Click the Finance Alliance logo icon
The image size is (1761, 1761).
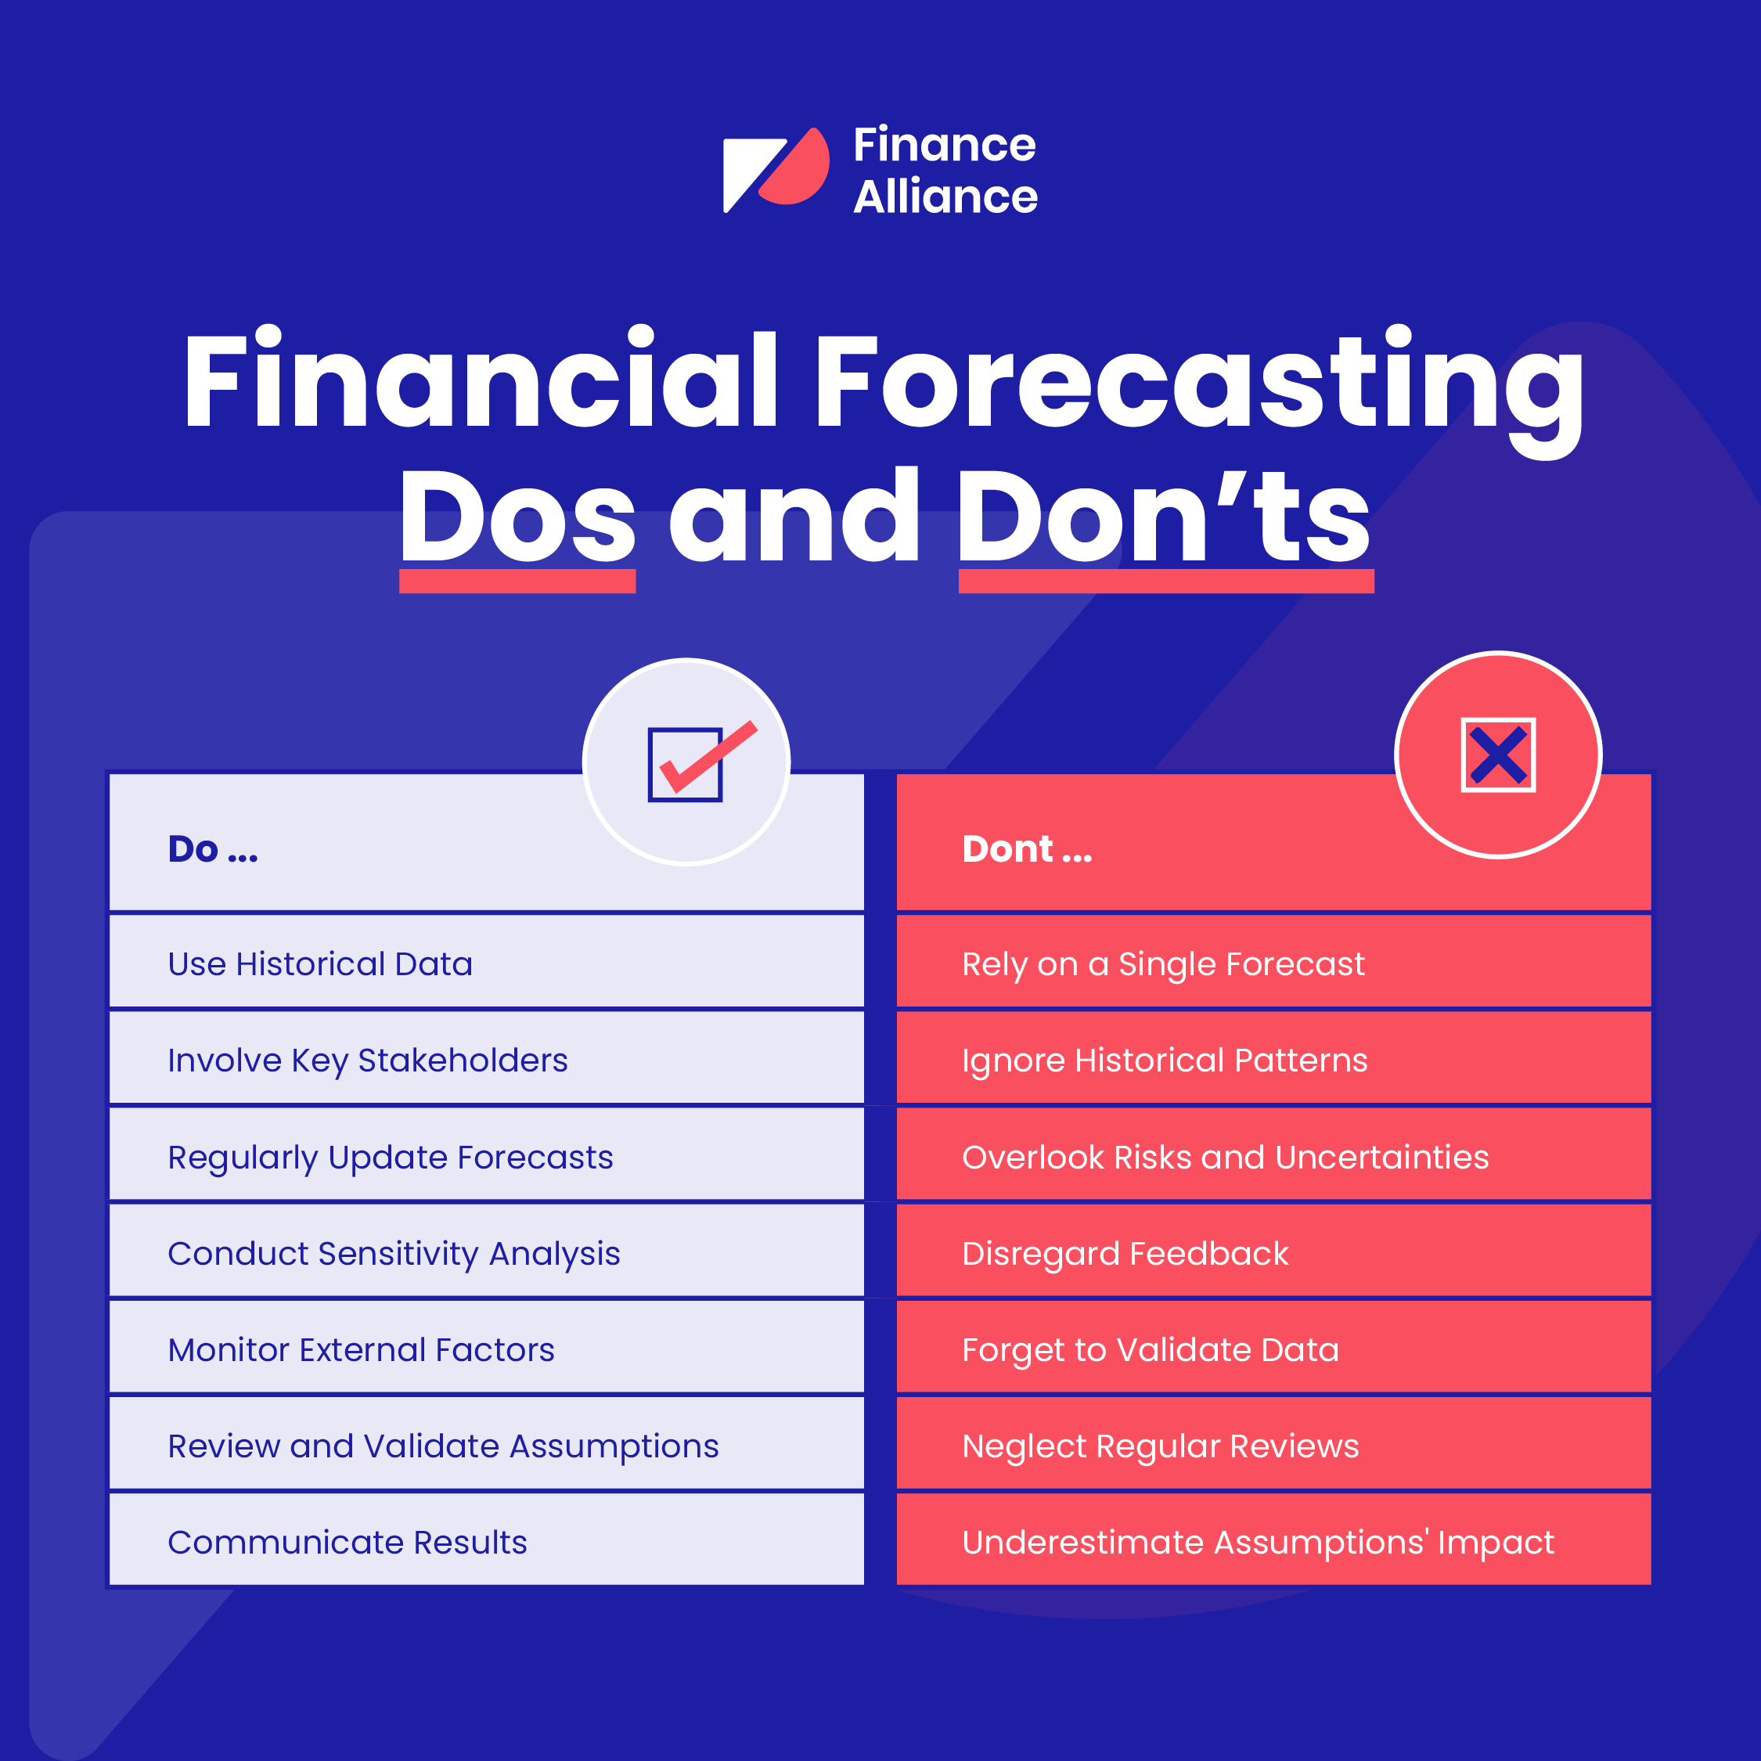click(x=776, y=170)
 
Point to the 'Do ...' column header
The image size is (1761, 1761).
click(x=212, y=849)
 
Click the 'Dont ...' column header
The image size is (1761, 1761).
click(x=1026, y=849)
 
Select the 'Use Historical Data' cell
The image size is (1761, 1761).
click(x=320, y=964)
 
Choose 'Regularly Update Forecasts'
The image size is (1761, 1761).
click(x=390, y=1158)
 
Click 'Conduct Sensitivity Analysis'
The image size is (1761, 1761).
click(x=394, y=1254)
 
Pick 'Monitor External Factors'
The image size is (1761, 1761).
click(x=361, y=1350)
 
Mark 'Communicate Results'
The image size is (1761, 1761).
click(x=348, y=1542)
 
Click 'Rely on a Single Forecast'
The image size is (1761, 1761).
click(x=1163, y=964)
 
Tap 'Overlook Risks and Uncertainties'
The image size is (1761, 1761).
click(x=1225, y=1158)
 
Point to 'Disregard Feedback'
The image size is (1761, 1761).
click(x=1125, y=1254)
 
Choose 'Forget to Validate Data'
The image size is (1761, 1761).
click(x=1151, y=1350)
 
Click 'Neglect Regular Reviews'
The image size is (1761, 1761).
click(x=1161, y=1446)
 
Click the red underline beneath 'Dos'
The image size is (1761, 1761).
click(x=517, y=582)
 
